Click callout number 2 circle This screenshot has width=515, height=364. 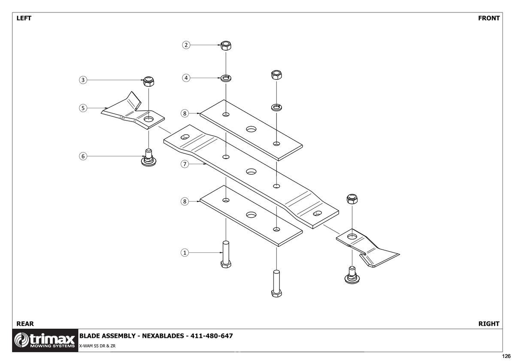pos(186,45)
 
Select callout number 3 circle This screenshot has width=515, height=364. pos(83,80)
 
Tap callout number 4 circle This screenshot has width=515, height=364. pos(186,78)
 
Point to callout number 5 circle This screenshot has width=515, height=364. pos(83,108)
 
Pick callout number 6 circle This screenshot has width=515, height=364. pos(83,156)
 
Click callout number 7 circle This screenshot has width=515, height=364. pos(185,164)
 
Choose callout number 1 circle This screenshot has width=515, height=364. pos(185,253)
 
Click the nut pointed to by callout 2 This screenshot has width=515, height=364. pos(226,46)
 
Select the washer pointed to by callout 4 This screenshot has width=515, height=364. pos(226,78)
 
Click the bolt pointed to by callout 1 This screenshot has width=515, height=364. pos(226,254)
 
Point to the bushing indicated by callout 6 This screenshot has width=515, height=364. pos(148,158)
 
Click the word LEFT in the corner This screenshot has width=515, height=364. pos(24,18)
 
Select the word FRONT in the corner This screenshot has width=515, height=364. pos(489,18)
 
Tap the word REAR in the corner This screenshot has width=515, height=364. pos(25,324)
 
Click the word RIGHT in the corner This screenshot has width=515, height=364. pos(489,324)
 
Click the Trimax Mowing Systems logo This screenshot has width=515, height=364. pos(45,340)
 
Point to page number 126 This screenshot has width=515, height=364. pos(506,356)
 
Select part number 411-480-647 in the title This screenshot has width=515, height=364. pos(212,336)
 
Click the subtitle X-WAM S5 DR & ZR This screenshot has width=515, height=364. pos(97,346)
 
